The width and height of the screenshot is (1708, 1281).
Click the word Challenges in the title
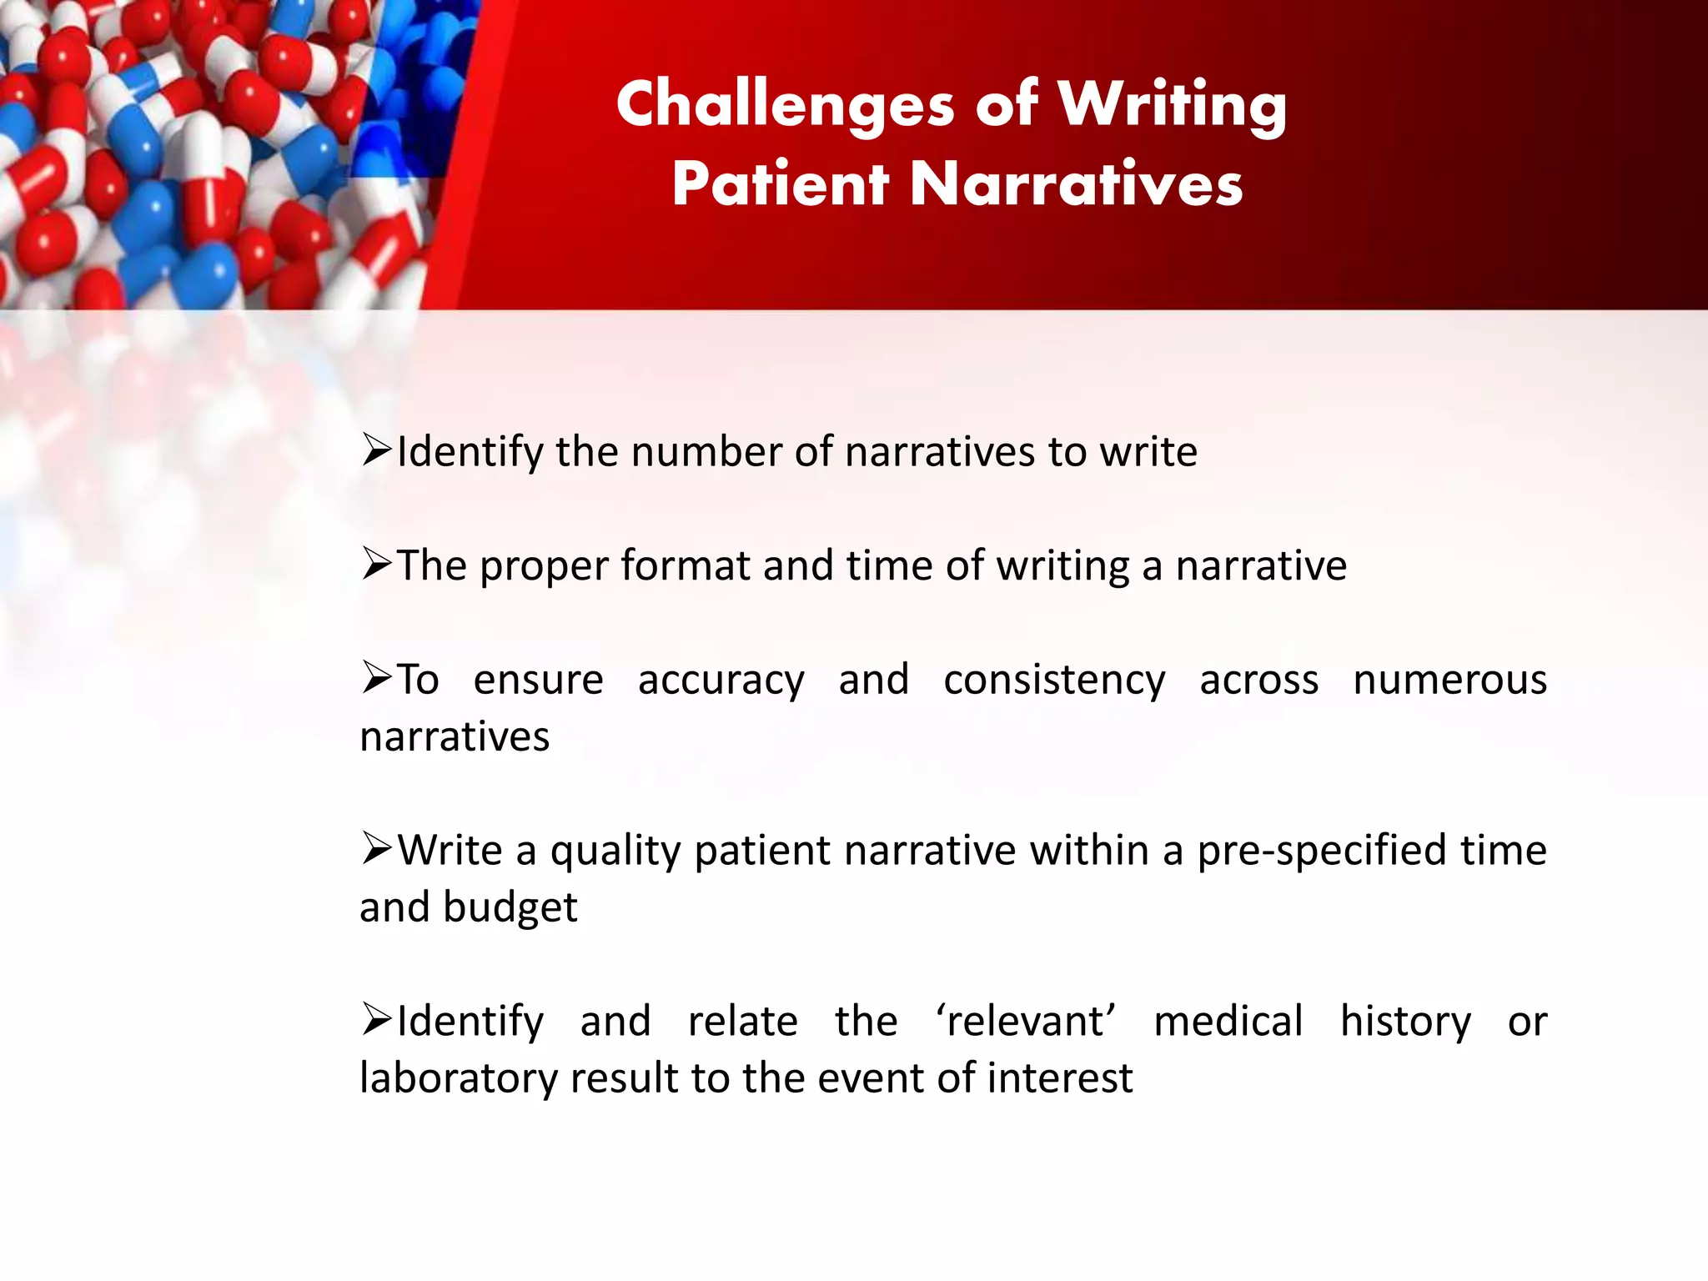785,105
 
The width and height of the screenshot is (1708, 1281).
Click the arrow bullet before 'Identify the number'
377,451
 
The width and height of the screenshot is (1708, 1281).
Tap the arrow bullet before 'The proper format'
377,565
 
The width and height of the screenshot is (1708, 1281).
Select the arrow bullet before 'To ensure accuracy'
377,679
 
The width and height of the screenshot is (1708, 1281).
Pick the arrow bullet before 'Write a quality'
377,850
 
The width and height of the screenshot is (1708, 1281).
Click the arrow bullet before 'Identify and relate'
377,1021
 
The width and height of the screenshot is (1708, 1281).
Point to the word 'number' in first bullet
707,452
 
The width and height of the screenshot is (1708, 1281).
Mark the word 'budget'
510,908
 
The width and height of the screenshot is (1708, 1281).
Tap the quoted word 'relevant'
1025,1022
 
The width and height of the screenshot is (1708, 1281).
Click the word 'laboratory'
458,1078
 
